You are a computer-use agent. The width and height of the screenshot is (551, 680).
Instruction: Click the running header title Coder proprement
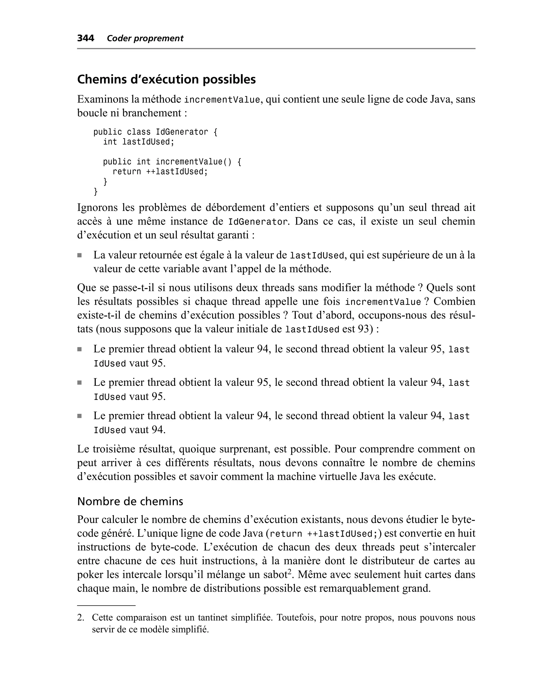[x=145, y=39]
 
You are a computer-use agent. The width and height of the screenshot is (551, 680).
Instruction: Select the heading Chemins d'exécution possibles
[x=166, y=79]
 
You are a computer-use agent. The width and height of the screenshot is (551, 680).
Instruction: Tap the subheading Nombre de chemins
[x=130, y=501]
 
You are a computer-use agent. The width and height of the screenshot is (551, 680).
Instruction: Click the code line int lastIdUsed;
[x=139, y=142]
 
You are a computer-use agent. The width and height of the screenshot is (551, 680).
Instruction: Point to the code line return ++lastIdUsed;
[x=160, y=172]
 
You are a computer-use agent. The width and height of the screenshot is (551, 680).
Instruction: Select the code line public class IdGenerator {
[x=155, y=132]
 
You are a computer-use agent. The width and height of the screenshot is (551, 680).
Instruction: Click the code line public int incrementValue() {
[x=172, y=162]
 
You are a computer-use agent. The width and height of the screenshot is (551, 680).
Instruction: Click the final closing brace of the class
[x=96, y=192]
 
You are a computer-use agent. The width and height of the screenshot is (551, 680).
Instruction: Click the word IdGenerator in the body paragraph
[x=258, y=221]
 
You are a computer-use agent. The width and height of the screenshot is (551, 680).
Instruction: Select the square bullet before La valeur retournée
[x=79, y=255]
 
